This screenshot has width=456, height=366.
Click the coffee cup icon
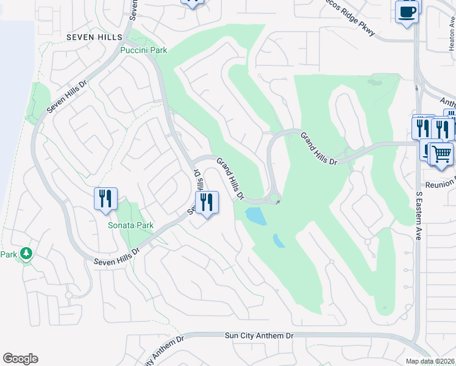(x=407, y=12)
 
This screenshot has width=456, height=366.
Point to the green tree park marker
(x=26, y=253)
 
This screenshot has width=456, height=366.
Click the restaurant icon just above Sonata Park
(x=105, y=198)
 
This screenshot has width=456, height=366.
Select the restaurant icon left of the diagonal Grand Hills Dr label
(x=207, y=203)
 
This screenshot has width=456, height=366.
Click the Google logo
(x=20, y=359)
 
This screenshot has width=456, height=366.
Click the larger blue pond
(x=255, y=216)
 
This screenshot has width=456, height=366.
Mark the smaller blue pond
(x=279, y=240)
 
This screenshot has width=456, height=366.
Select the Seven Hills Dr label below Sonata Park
(x=117, y=256)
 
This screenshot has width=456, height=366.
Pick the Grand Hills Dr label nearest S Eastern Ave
(x=318, y=148)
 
